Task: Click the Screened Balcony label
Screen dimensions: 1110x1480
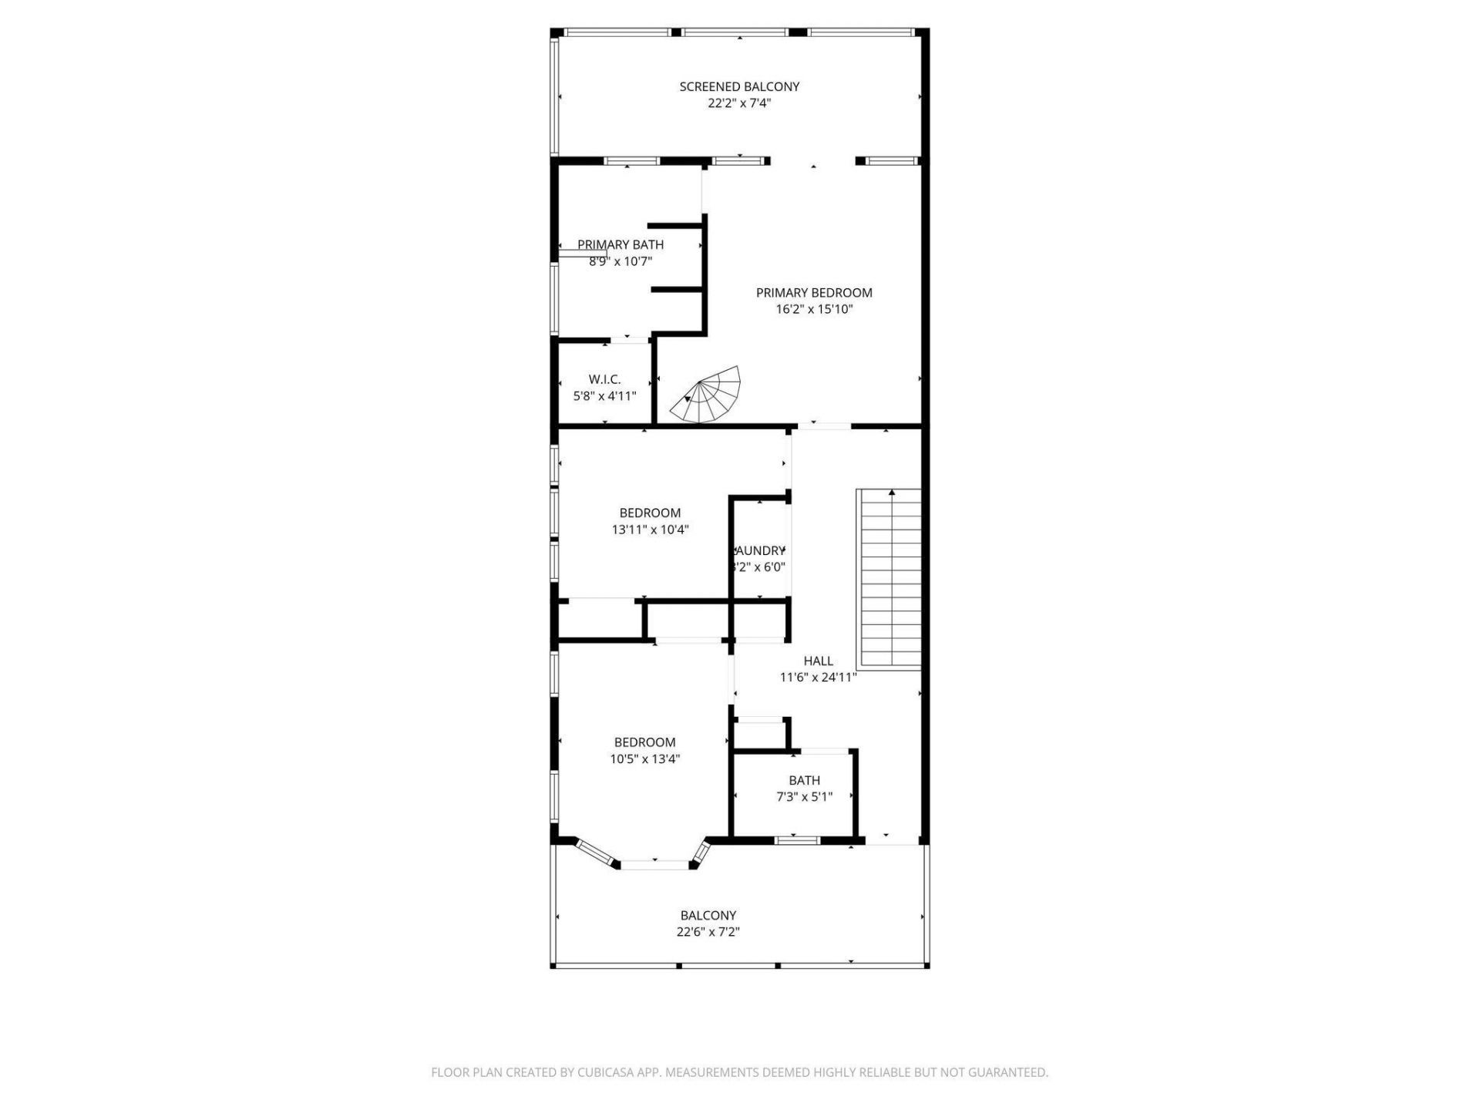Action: tap(739, 86)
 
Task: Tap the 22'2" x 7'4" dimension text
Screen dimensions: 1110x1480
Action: tap(739, 103)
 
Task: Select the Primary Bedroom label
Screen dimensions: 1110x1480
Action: tap(814, 293)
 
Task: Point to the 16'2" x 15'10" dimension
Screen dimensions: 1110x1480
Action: tap(814, 310)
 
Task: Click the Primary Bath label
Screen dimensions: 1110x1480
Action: tap(621, 245)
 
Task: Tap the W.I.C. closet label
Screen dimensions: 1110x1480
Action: tap(604, 380)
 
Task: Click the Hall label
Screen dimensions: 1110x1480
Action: tap(818, 661)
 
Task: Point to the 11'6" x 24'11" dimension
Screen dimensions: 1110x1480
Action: tap(818, 678)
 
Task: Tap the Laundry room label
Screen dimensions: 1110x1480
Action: tap(760, 551)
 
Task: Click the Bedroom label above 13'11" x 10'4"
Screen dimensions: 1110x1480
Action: tap(650, 513)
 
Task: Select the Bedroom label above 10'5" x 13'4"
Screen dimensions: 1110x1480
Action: tap(644, 743)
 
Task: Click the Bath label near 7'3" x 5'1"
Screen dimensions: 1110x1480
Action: tap(804, 781)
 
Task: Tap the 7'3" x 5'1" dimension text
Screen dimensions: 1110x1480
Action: tap(804, 797)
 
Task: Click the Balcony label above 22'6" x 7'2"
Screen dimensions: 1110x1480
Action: tap(708, 916)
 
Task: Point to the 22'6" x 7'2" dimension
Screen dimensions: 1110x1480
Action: tap(708, 932)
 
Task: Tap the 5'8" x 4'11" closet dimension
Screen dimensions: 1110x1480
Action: tap(604, 397)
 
